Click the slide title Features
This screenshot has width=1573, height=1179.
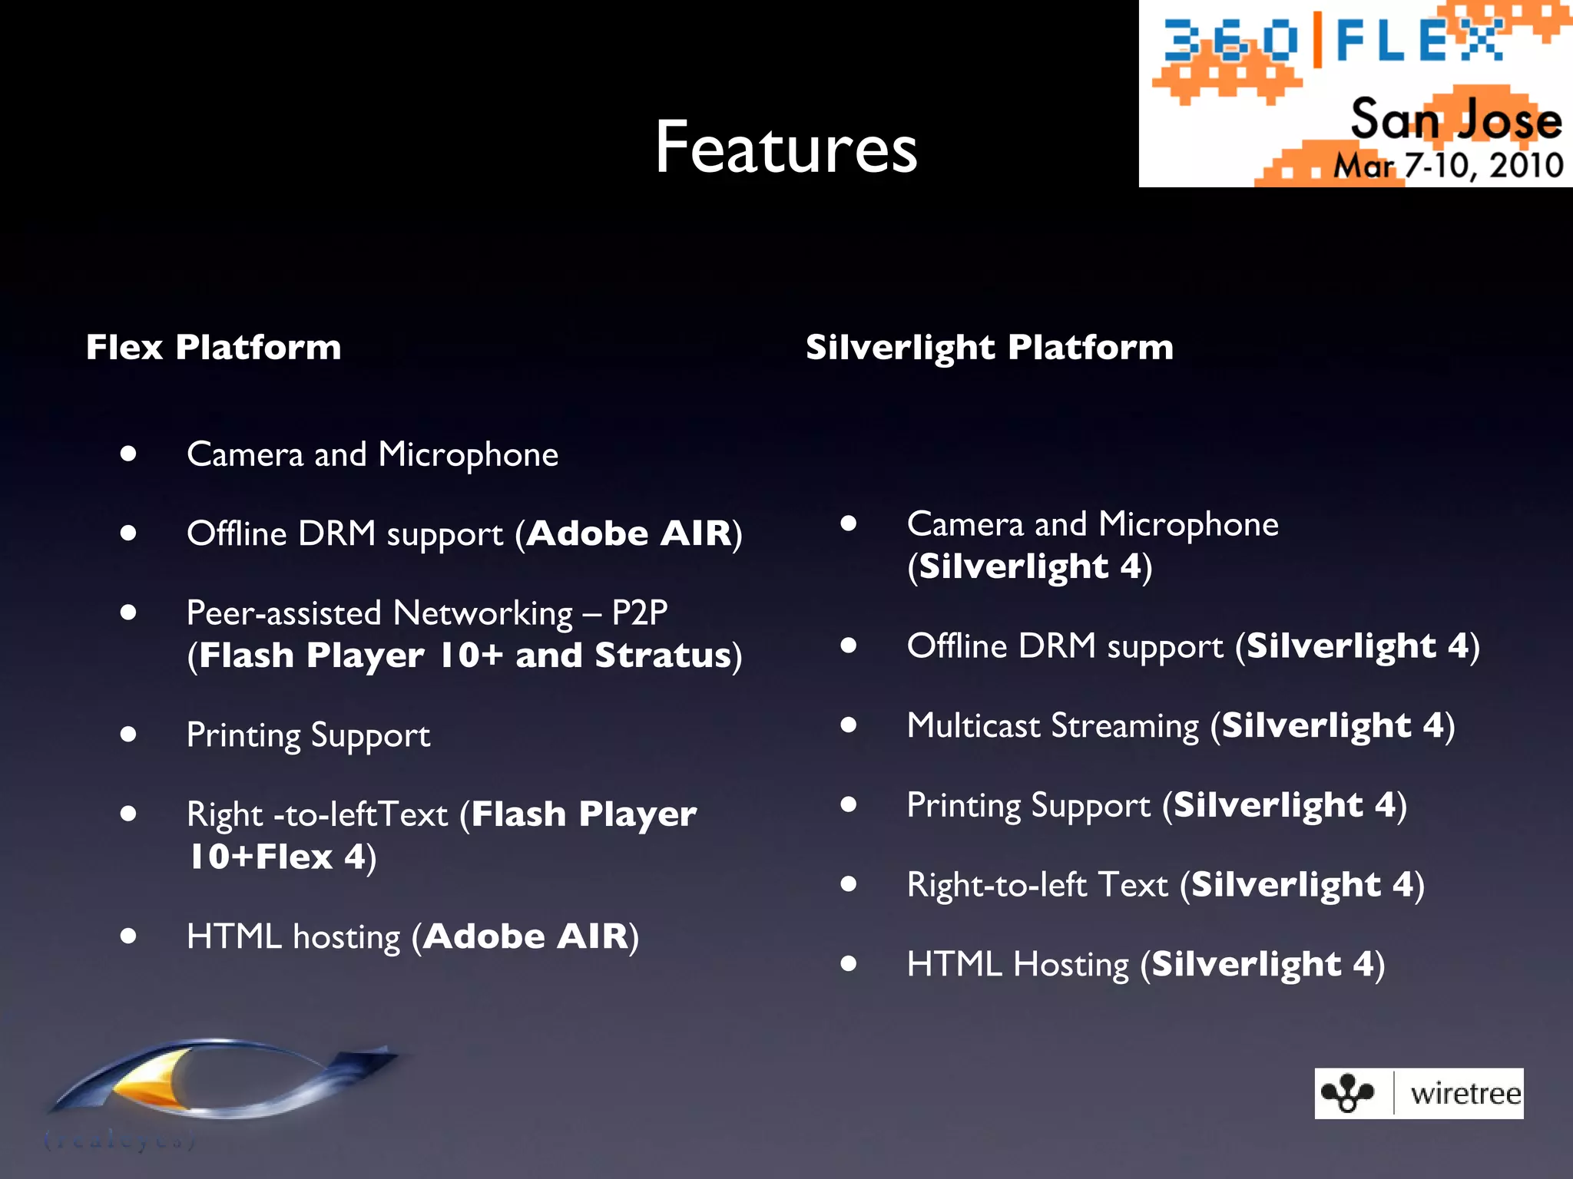[786, 147]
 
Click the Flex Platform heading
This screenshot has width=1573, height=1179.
[214, 347]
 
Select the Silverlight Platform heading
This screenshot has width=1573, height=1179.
[989, 347]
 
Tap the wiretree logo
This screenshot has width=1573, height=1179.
[1419, 1093]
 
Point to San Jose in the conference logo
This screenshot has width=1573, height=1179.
[1455, 121]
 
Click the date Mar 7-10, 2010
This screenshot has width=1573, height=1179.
[1448, 166]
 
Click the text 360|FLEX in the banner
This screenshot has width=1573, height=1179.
[1333, 41]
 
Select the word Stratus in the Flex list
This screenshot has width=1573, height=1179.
[663, 656]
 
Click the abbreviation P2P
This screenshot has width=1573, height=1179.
[639, 613]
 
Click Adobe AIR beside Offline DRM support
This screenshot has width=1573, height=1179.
[629, 533]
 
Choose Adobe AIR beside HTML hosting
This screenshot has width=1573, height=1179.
[526, 936]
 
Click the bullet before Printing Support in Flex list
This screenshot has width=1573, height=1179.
[128, 735]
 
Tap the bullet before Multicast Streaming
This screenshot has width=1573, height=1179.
[848, 725]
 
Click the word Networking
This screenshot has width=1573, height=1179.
[483, 613]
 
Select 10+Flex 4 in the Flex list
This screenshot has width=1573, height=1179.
[277, 857]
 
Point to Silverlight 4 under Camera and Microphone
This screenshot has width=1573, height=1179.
[1029, 566]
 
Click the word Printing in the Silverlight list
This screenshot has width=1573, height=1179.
[964, 805]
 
